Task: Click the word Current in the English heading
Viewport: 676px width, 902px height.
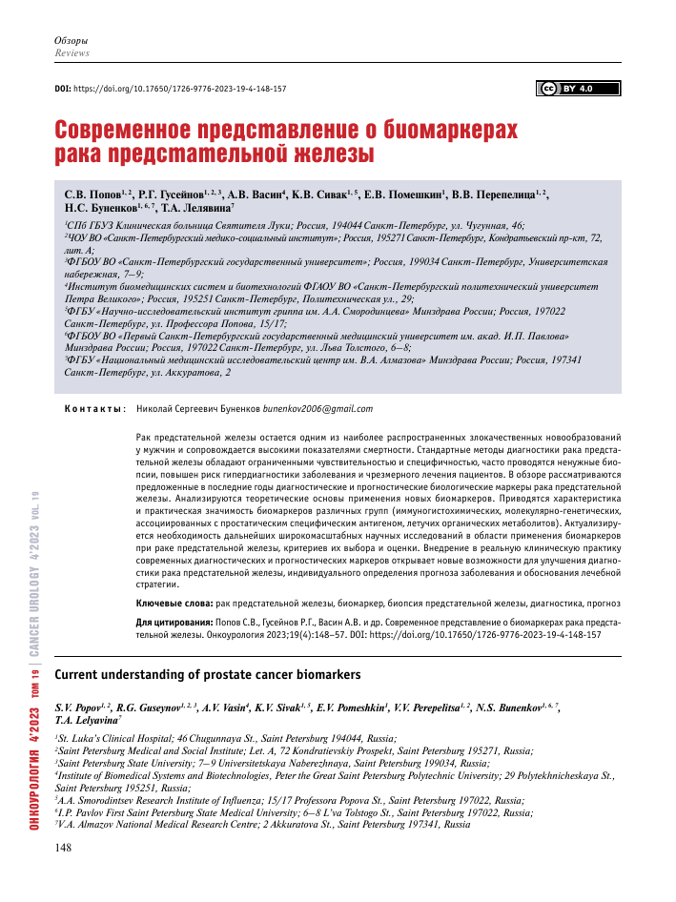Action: coord(83,676)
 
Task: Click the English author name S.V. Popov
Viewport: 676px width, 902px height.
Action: coord(80,707)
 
